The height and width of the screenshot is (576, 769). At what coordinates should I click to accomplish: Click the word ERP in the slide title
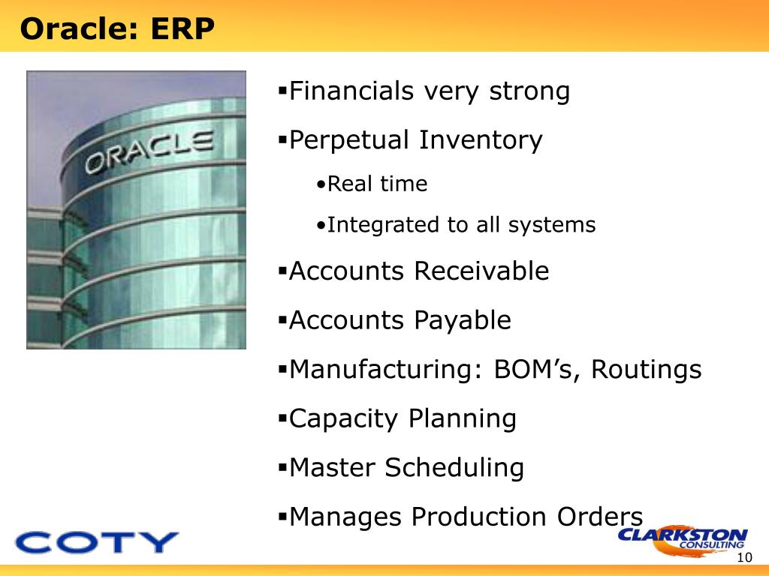[x=182, y=28]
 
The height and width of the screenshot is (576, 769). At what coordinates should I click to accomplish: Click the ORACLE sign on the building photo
[x=149, y=151]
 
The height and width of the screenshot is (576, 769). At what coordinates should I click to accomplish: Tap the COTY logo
[x=97, y=542]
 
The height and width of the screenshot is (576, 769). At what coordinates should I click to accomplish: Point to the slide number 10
[x=744, y=557]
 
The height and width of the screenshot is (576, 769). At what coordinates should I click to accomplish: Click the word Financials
[x=351, y=91]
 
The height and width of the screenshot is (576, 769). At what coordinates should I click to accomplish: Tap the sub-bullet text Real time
[x=377, y=184]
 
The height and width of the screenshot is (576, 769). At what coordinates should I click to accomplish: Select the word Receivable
[x=481, y=271]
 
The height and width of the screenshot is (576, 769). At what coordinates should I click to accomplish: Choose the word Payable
[x=463, y=321]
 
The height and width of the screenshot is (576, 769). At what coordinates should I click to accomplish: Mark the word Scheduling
[x=454, y=468]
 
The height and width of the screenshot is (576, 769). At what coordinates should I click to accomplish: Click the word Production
[x=478, y=517]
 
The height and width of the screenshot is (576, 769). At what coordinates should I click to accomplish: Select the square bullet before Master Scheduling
[x=282, y=466]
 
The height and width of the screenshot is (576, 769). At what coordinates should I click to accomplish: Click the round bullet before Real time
[x=321, y=185]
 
